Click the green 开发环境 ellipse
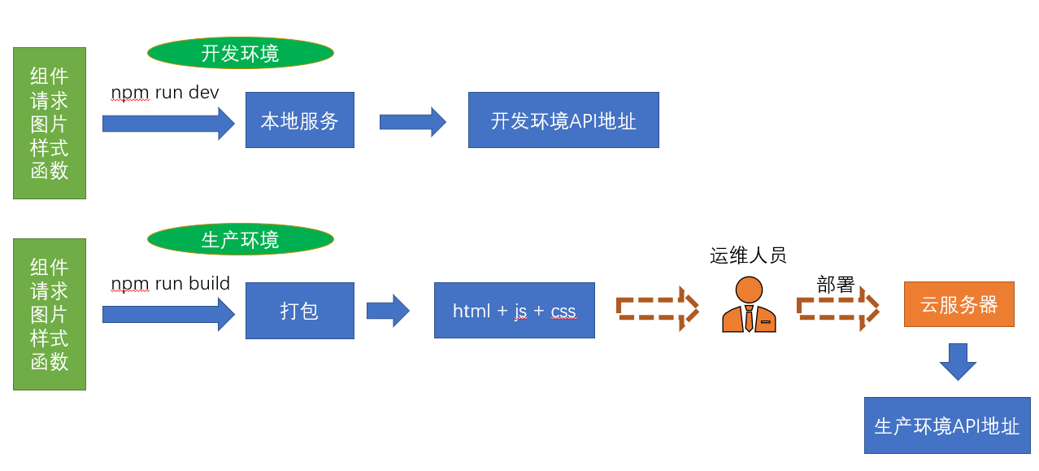[240, 54]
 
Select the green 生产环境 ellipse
[240, 240]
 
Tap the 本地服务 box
[299, 120]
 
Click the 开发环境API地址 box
[563, 120]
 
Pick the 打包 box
[299, 311]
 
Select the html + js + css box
[514, 311]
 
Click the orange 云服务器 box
[959, 304]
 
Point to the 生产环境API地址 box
[946, 425]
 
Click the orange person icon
[749, 305]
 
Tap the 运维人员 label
[748, 256]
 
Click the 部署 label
[836, 285]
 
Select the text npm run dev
[165, 93]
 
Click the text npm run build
[170, 284]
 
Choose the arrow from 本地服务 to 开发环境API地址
[412, 122]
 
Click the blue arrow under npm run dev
[167, 124]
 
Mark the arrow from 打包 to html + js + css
[387, 311]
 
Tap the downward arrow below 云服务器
[958, 361]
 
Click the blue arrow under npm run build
[167, 314]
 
